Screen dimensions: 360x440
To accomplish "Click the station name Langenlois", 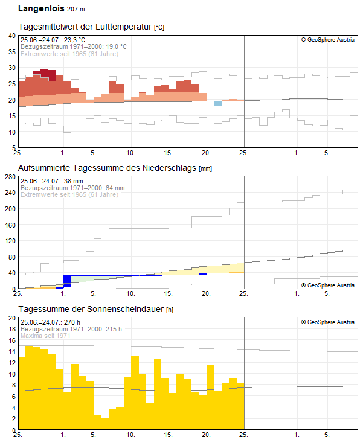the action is click(x=41, y=8).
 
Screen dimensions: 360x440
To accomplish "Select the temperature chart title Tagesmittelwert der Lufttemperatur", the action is click(x=85, y=27).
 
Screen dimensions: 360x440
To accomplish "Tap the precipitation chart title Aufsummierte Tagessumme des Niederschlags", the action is click(x=107, y=168).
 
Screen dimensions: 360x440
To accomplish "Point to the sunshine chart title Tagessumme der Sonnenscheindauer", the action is click(x=91, y=309).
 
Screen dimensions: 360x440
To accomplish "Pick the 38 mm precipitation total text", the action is click(x=74, y=181).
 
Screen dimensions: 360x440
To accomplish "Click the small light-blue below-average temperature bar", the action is click(x=217, y=104).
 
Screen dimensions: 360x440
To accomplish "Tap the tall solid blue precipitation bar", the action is click(x=67, y=281).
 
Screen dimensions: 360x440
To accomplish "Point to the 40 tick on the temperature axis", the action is click(x=12, y=36).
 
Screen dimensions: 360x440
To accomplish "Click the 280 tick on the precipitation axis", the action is click(x=10, y=177).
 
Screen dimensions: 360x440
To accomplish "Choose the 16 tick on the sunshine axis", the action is click(x=12, y=340).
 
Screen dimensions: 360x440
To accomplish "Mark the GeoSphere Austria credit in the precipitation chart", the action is click(x=328, y=285).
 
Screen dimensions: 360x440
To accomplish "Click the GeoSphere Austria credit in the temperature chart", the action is click(x=328, y=40).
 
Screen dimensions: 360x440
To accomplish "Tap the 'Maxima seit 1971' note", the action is click(x=45, y=336).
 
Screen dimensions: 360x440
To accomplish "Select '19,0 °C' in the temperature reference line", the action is click(x=116, y=46).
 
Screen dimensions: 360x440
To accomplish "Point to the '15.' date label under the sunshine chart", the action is click(x=168, y=435).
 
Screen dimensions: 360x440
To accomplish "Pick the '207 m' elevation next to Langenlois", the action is click(x=76, y=9).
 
